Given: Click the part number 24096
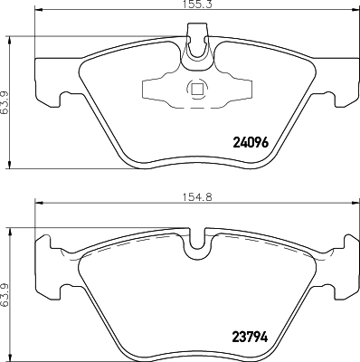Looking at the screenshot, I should (x=252, y=141).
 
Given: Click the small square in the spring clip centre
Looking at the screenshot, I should (x=195, y=89).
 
